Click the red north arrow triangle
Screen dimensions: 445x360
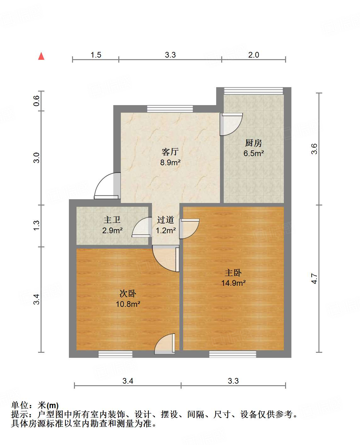[41, 56]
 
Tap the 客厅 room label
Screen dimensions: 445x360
[170, 152]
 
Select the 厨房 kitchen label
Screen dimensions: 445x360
[253, 143]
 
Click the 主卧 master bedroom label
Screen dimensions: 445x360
[233, 273]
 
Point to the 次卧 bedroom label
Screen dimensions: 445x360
[128, 294]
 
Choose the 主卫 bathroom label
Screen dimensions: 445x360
[112, 220]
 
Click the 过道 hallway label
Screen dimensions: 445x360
[166, 220]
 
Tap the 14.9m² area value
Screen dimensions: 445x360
[233, 283]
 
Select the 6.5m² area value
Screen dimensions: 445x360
[253, 154]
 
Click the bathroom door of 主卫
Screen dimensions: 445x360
[141, 227]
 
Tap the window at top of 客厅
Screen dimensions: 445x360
[170, 109]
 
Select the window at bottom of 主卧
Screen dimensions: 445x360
[233, 354]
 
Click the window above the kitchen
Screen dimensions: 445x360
[253, 91]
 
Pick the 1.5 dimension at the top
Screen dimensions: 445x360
[96, 55]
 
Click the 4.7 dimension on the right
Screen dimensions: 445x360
[314, 279]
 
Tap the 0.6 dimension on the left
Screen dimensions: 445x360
[37, 101]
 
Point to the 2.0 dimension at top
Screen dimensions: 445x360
[253, 55]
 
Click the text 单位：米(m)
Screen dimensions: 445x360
[35, 405]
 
